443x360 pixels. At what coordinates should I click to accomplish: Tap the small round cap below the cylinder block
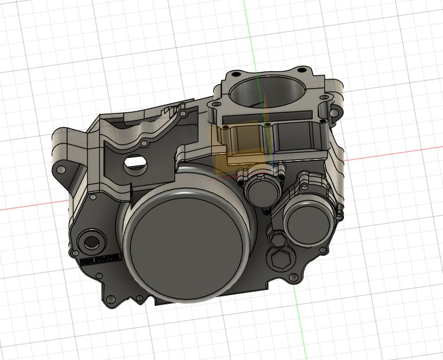coord(259,190)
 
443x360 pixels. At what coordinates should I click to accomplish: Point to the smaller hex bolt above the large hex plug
coord(276,237)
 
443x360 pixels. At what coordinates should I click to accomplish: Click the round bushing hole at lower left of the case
coord(91,240)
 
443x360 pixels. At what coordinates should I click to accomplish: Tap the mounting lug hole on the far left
coord(59,169)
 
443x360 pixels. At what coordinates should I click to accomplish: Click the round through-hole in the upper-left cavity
coord(134,163)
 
